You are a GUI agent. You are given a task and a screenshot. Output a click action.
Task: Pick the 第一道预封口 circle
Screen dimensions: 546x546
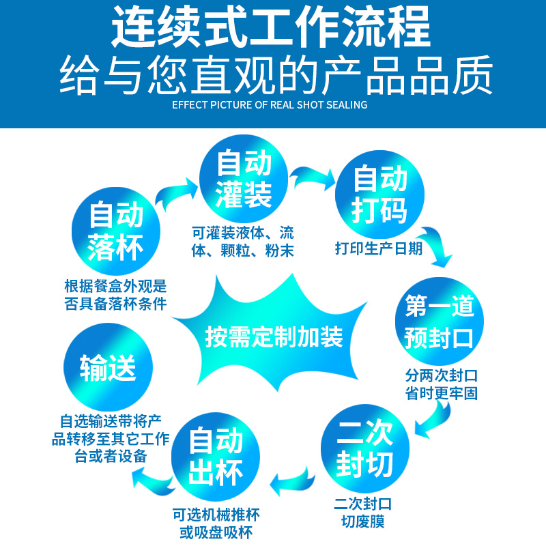tap(439, 321)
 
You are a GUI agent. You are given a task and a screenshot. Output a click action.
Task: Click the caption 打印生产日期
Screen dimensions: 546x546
tap(379, 248)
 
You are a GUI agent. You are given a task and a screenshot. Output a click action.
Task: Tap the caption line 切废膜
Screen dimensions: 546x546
tap(363, 521)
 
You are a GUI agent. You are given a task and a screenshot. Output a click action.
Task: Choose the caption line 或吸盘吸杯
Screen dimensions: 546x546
tap(216, 532)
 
